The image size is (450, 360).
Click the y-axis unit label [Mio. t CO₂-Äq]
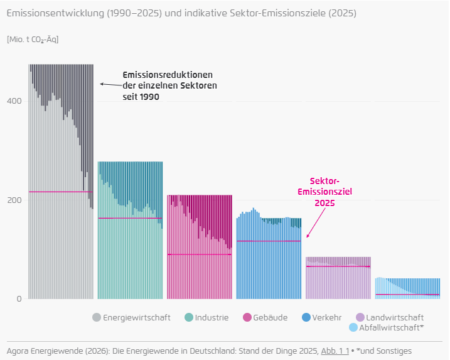tap(33, 40)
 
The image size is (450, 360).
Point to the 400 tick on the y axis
tap(14, 101)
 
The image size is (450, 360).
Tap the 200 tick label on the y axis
tap(14, 200)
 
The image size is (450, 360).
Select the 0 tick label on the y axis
tap(19, 299)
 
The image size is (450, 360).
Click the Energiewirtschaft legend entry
tap(136, 317)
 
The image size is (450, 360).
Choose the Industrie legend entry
tap(211, 317)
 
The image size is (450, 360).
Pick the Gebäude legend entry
tap(270, 317)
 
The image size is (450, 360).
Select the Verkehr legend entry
tap(326, 317)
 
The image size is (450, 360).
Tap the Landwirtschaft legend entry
tap(394, 317)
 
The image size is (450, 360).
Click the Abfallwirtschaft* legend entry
tap(390, 327)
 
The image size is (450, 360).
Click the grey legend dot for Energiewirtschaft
tap(97, 317)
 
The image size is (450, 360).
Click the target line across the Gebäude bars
tap(199, 254)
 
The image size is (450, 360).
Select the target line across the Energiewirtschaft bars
tap(60, 192)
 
